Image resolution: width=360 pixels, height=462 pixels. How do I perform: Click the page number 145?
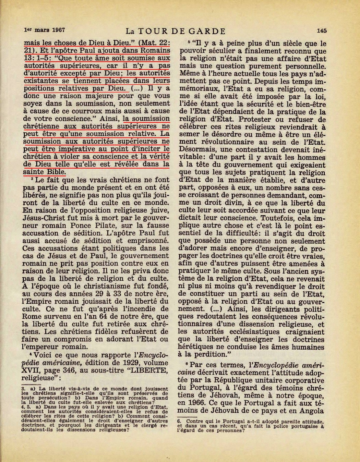321,31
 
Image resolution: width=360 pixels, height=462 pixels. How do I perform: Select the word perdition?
208,354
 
